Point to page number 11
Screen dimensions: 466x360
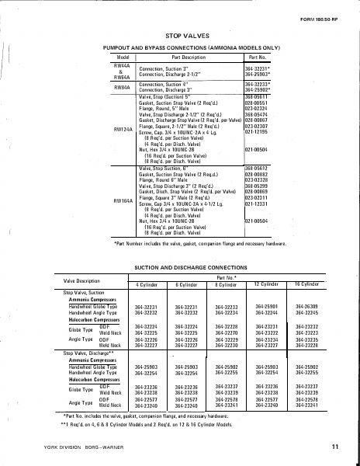334,447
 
